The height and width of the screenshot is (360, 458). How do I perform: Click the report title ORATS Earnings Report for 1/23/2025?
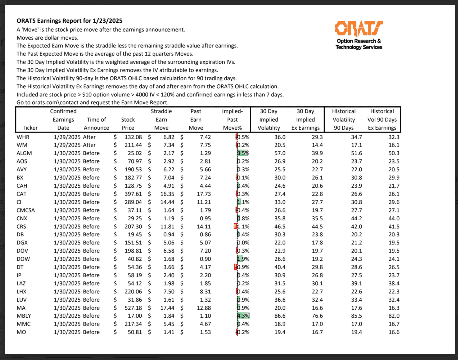click(x=69, y=21)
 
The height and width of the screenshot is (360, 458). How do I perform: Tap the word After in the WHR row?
click(x=90, y=137)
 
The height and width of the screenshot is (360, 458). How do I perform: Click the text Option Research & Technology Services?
click(x=359, y=44)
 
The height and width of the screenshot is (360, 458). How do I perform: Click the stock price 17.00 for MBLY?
click(x=133, y=316)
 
